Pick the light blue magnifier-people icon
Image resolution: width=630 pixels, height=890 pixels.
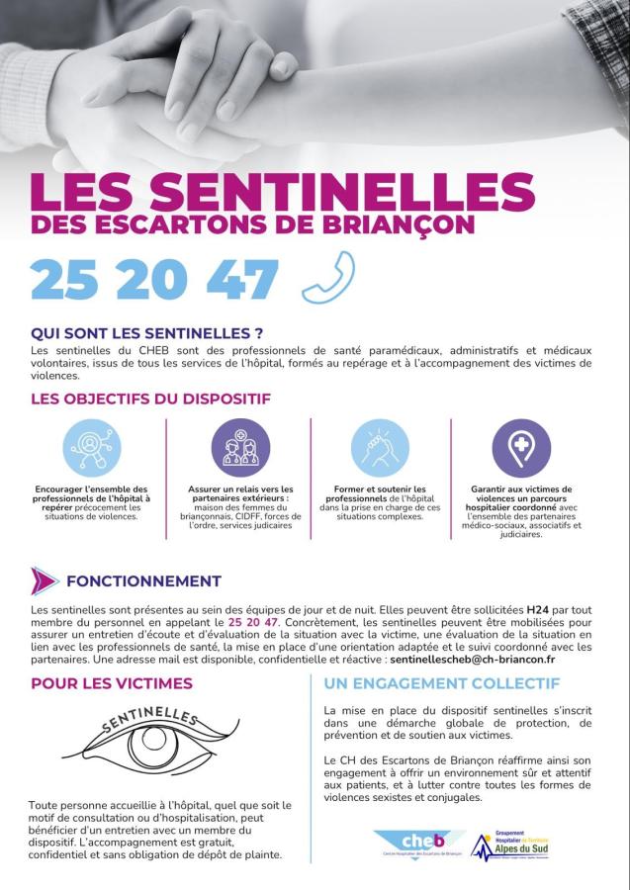pos(92,448)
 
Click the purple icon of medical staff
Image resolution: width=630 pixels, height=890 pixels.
pos(240,448)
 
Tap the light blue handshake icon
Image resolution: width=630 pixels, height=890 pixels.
pos(381,448)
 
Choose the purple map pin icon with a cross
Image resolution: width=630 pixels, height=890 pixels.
pos(521,448)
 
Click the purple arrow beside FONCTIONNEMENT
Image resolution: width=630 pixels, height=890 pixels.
pos(44,580)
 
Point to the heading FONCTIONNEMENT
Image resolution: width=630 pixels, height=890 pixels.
pos(143,580)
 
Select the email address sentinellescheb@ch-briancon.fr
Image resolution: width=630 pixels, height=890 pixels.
pos(473,659)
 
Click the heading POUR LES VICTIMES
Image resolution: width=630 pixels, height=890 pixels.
pos(112,683)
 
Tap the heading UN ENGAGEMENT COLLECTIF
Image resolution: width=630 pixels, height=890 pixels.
pos(442,683)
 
